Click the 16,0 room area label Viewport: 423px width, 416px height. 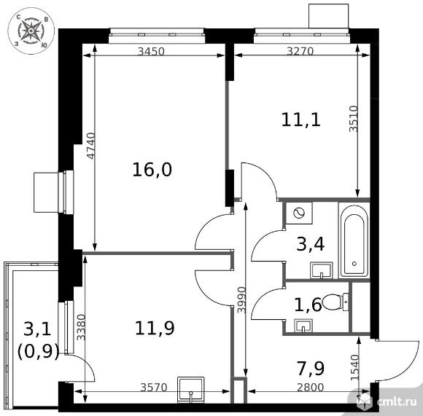click(x=152, y=170)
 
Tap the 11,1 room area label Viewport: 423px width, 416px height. click(x=302, y=119)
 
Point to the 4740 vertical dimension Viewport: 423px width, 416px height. click(x=90, y=146)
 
